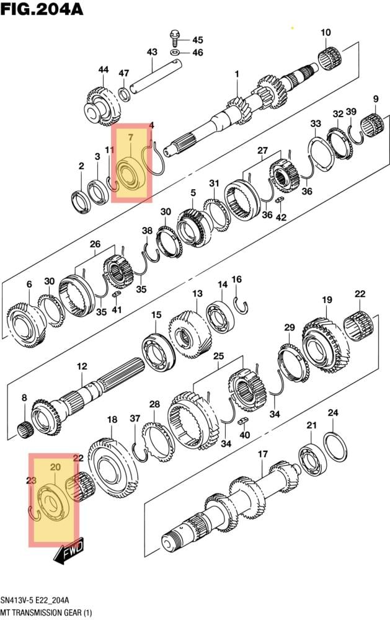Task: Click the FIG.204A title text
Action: [x=42, y=9]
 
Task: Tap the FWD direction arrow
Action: [x=69, y=551]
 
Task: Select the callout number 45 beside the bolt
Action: [x=198, y=40]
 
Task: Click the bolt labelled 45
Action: [x=174, y=38]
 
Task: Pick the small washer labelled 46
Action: [x=175, y=52]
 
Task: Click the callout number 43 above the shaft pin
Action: [x=152, y=52]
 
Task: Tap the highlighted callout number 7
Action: [x=131, y=137]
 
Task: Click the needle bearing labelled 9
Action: [x=373, y=124]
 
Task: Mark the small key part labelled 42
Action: [x=281, y=200]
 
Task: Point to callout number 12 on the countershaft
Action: [x=82, y=366]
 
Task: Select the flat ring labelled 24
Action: [x=335, y=447]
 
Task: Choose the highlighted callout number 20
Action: [x=55, y=467]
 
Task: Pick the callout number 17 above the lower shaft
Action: [x=263, y=454]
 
